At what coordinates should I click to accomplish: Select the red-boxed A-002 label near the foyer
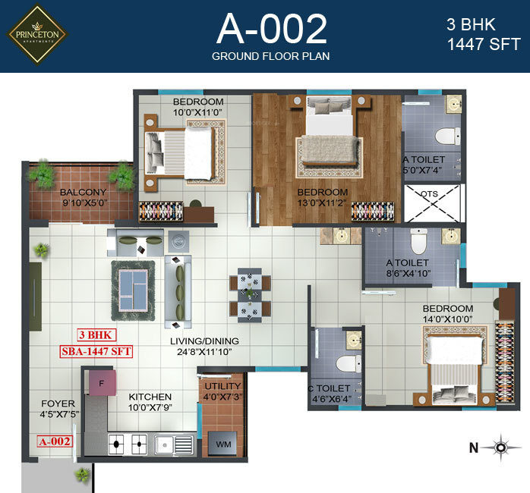pyautogui.click(x=54, y=441)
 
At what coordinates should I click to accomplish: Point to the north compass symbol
pyautogui.click(x=500, y=448)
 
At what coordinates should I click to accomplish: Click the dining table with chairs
pyautogui.click(x=250, y=295)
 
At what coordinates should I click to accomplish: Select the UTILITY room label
pyautogui.click(x=222, y=387)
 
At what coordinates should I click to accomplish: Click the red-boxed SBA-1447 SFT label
pyautogui.click(x=95, y=350)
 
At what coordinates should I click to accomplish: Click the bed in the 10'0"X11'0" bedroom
pyautogui.click(x=183, y=149)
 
